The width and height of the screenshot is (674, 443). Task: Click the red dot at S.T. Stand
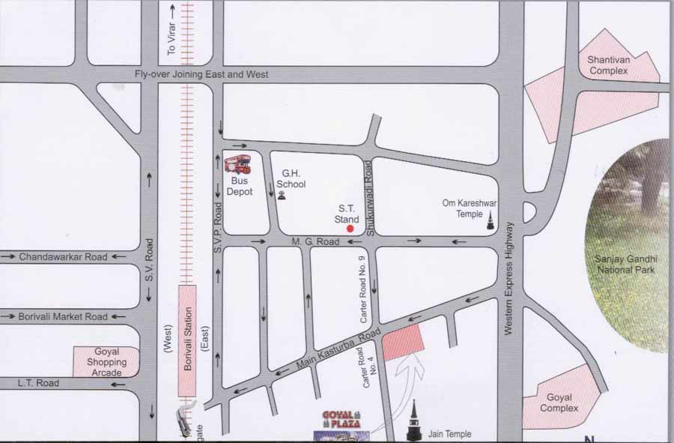coord(350,229)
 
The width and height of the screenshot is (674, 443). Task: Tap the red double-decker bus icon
coord(237,164)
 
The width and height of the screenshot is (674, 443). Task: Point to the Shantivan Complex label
coord(619,65)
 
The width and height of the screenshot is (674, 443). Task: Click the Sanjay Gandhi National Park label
coord(625,264)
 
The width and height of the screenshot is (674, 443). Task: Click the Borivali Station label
coord(187,340)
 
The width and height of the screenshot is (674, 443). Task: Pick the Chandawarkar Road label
coord(64,256)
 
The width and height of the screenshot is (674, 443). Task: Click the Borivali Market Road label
coord(63,317)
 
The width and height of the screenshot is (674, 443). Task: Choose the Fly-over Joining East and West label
coord(201,75)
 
